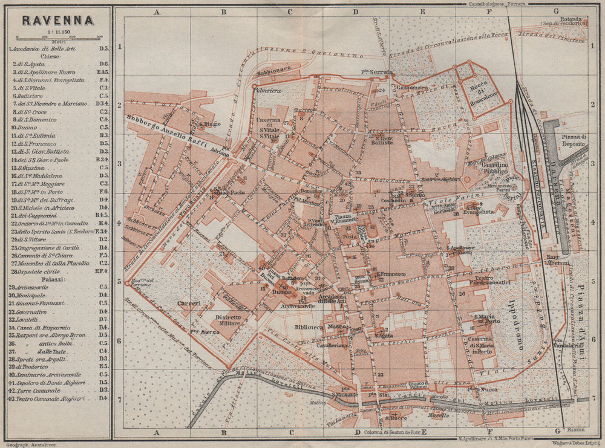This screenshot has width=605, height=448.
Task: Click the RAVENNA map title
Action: click(x=57, y=19)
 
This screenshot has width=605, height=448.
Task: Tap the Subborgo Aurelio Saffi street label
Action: click(x=167, y=132)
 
